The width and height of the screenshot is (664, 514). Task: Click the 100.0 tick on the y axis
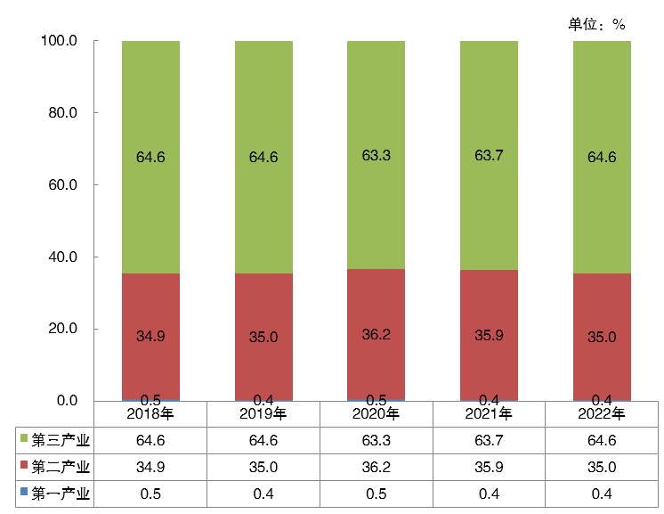tap(60, 41)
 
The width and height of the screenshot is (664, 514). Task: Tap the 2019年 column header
tap(263, 414)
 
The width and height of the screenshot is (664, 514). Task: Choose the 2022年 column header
tap(602, 414)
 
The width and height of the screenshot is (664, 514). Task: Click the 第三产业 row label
tap(61, 440)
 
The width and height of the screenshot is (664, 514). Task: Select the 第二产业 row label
tap(61, 467)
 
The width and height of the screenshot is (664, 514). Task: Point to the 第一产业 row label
tap(61, 494)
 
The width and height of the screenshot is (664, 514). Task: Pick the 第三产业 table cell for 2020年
tap(376, 440)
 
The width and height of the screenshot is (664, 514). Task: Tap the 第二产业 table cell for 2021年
tap(489, 467)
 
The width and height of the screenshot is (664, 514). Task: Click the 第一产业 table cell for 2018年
tap(150, 494)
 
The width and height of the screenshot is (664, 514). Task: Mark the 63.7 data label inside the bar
tap(489, 157)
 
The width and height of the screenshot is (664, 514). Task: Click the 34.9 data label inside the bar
tap(150, 338)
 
